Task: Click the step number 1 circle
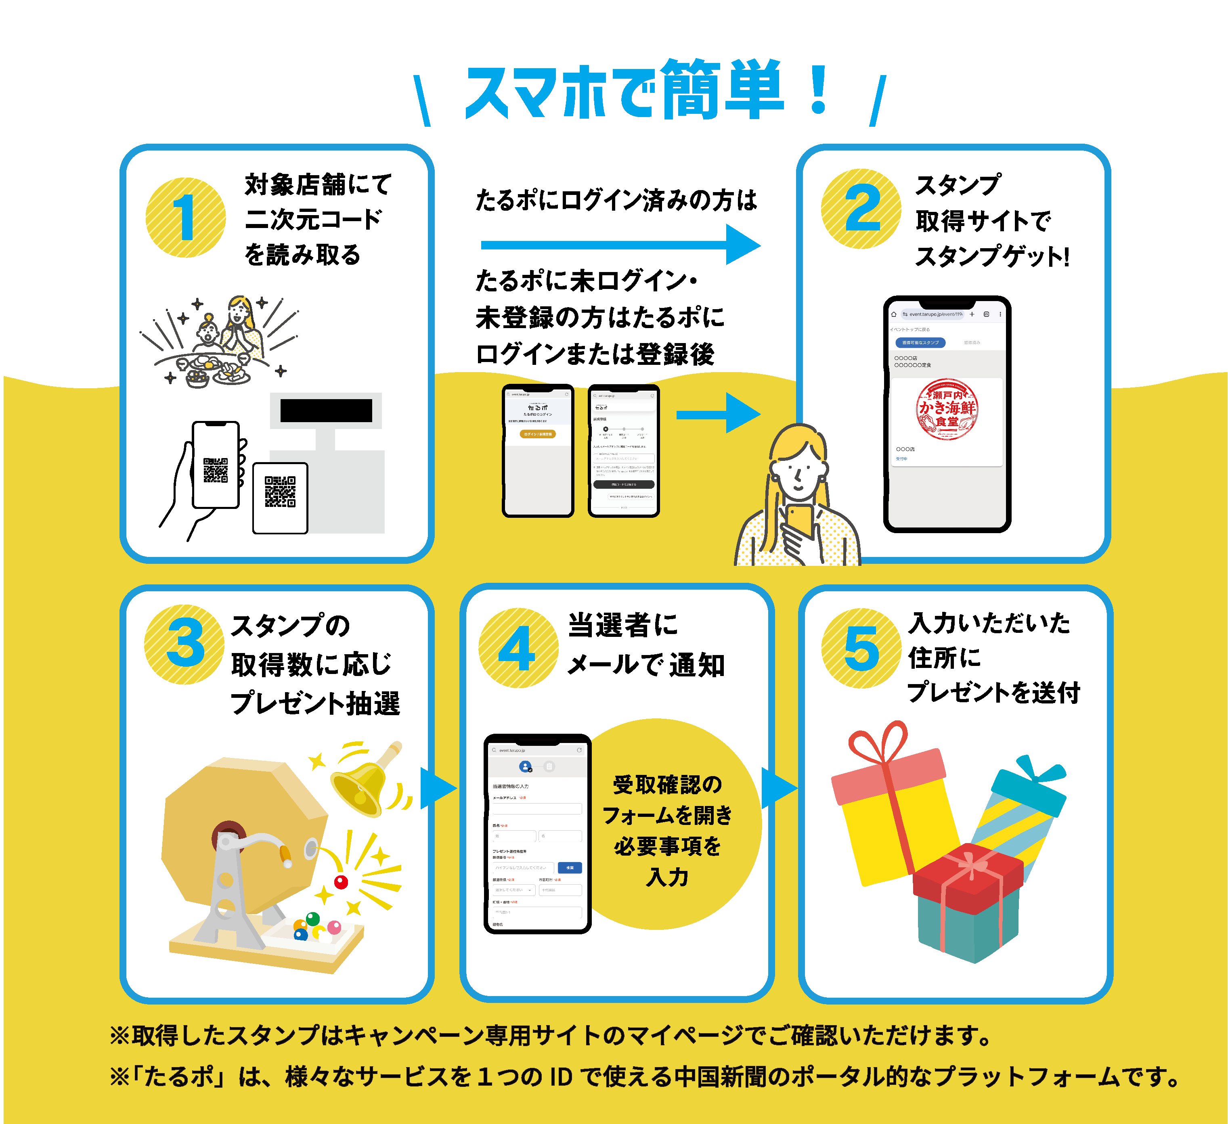tap(186, 218)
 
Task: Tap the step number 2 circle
tap(861, 209)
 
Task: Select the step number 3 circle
tap(184, 644)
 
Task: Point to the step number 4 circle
tap(518, 648)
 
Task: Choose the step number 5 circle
tap(861, 649)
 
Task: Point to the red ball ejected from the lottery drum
tap(341, 882)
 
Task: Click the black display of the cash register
tap(326, 410)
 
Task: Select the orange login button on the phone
tap(537, 434)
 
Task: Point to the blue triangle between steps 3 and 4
tap(437, 789)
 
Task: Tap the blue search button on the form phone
tap(570, 868)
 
